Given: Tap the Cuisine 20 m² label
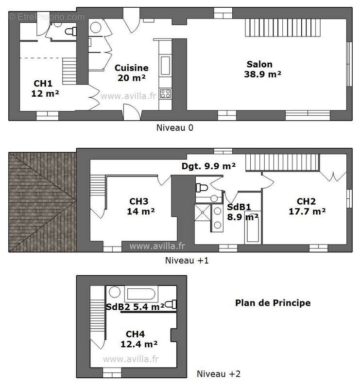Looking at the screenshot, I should point(132,72).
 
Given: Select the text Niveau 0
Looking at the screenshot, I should point(174,128).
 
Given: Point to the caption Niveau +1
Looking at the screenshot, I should point(187,260).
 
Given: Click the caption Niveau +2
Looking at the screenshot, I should point(218,374).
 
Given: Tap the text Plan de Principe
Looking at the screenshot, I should point(273,303).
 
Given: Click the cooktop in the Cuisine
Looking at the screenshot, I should point(166,93).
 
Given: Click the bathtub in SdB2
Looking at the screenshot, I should point(141,294).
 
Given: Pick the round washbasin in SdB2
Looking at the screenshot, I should point(115,293).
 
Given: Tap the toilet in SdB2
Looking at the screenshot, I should point(170,304).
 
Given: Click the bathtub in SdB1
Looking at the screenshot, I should point(252,229).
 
